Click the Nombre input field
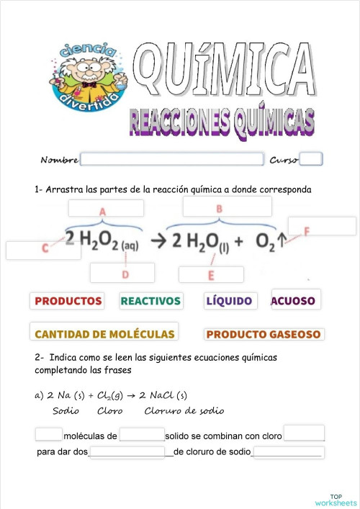coord(172,159)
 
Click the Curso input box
coord(311,159)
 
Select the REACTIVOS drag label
coord(150,300)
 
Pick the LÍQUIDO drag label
coord(228,300)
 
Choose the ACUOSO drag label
coord(296,299)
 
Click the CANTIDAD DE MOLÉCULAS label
coord(105,333)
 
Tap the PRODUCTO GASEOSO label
coord(264,334)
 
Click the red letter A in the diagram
coord(102,212)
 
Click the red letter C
coord(45,248)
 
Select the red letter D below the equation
coord(125,275)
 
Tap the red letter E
coord(211,276)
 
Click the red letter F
coord(307,231)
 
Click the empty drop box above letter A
coord(106,207)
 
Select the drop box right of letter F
coord(322,226)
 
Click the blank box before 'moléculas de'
coord(49,434)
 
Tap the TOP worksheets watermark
coord(336,500)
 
